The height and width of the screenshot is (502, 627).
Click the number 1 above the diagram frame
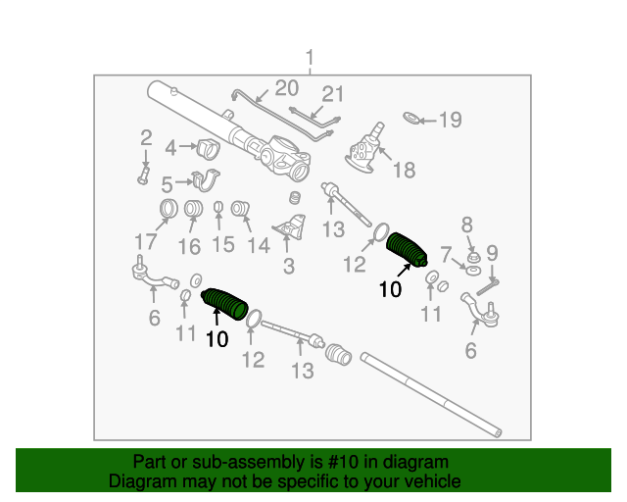pos(310,59)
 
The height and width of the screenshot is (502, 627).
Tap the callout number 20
pos(287,88)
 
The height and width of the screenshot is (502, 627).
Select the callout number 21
pos(333,94)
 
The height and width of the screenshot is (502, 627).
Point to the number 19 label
pos(451,120)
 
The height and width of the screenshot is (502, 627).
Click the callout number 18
pos(405,171)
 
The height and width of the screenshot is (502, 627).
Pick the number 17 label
pos(146,242)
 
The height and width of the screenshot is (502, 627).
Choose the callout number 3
pos(289,267)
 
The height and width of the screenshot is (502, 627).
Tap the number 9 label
pos(492,253)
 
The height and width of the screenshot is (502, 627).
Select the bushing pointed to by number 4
pos(209,149)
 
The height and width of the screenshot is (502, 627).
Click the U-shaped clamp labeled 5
pos(206,180)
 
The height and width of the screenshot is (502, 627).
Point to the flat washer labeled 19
pos(411,118)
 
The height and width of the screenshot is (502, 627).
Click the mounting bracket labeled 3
pos(291,227)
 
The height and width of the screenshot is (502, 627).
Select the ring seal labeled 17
pos(169,209)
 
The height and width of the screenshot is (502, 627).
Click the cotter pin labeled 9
pos(488,288)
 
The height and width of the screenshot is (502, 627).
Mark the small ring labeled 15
pos(217,207)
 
